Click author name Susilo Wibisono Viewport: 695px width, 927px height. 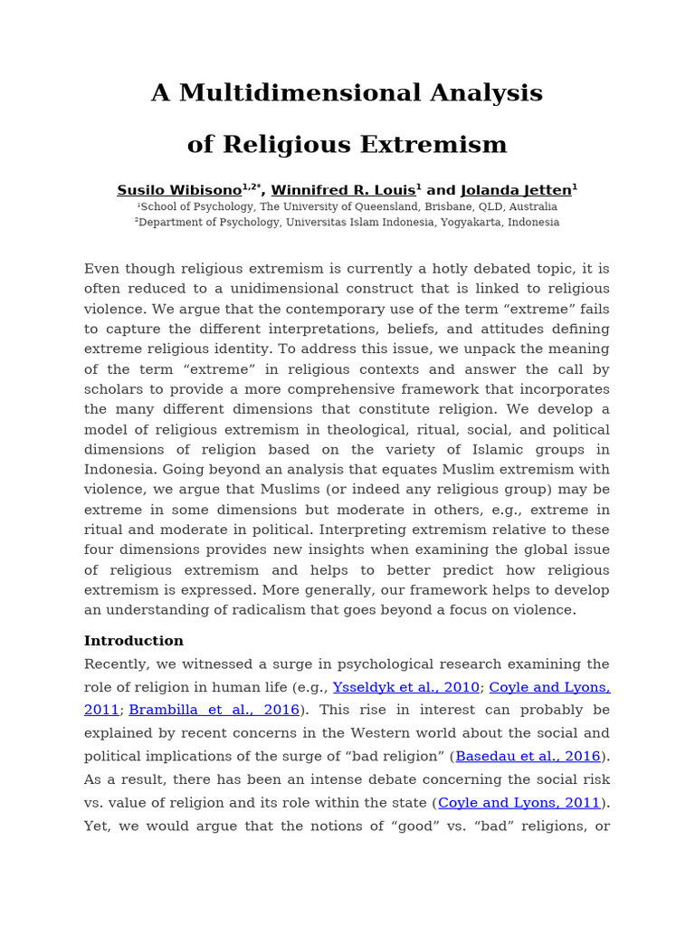[x=178, y=190]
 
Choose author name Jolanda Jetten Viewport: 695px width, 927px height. [x=516, y=190]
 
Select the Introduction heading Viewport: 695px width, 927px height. [x=134, y=641]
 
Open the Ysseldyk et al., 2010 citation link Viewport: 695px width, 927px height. [x=406, y=688]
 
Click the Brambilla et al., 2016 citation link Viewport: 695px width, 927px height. [x=214, y=710]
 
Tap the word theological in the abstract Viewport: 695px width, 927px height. [x=351, y=429]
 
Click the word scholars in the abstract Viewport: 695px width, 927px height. [x=113, y=389]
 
